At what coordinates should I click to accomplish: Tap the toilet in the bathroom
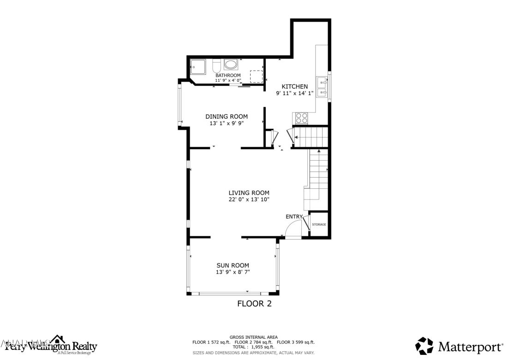point(216,66)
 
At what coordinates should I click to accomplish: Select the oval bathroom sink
point(230,64)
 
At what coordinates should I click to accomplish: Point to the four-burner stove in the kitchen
point(301,118)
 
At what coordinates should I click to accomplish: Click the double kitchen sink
point(322,88)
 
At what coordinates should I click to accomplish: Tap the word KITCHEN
point(295,86)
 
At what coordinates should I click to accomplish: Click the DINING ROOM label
point(227,116)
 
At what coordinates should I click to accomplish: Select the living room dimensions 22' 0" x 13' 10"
point(249,199)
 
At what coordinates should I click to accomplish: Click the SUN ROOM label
point(233,265)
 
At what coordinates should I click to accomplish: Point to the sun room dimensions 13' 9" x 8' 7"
point(233,272)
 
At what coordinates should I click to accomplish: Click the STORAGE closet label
point(319,224)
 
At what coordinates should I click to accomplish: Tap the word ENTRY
point(294,216)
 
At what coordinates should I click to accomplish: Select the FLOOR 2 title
point(254,303)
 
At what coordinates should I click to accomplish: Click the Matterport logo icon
point(424,346)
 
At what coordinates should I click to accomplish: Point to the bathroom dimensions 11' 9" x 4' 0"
point(228,80)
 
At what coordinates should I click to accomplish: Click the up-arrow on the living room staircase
point(318,151)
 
